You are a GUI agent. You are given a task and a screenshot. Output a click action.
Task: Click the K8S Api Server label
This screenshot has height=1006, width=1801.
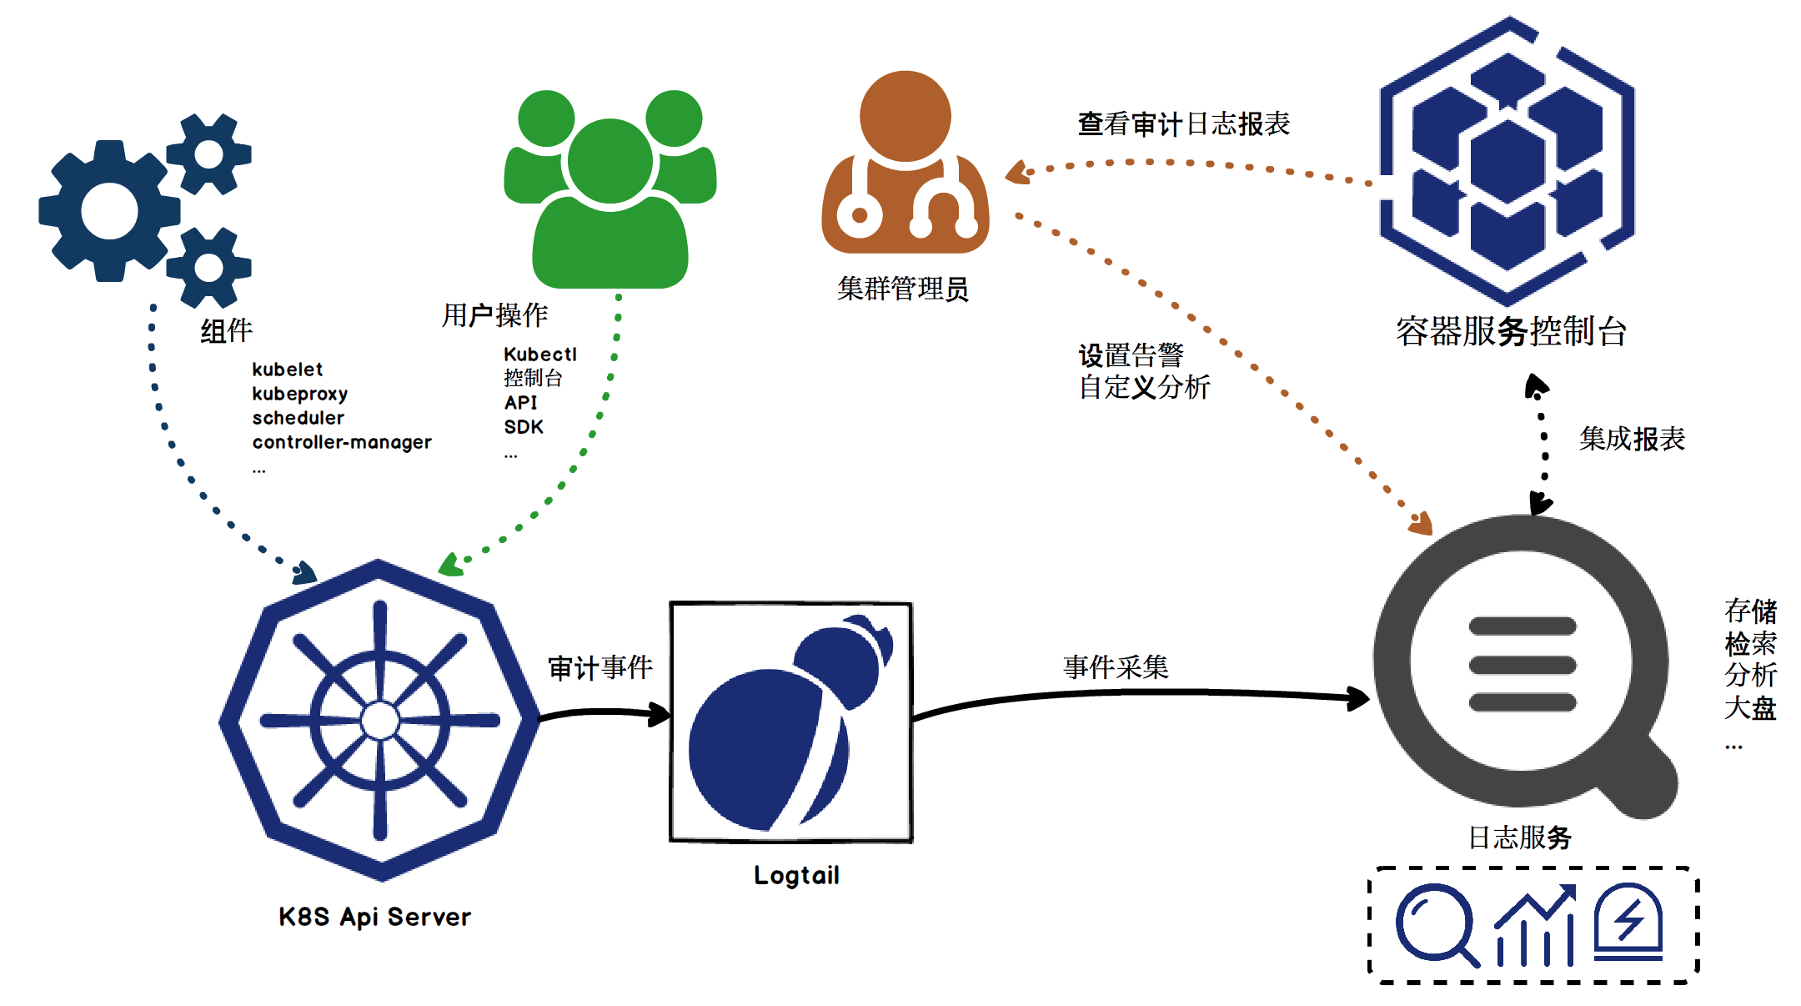point(374,917)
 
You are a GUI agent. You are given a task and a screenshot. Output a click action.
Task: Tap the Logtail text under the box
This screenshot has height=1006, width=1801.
point(796,875)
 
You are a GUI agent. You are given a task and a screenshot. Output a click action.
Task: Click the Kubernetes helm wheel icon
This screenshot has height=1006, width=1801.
point(380,720)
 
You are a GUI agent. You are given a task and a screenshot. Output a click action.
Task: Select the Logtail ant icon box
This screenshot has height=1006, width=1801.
point(791,722)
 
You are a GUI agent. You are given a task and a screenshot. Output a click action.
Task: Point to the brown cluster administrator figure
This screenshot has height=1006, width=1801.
point(906,167)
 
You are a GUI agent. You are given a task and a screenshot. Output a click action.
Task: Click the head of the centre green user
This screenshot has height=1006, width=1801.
point(610,160)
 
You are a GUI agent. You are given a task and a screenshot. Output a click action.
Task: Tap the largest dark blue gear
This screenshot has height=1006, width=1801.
point(109,211)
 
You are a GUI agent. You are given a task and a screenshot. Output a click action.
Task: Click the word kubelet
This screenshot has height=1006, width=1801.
point(287,370)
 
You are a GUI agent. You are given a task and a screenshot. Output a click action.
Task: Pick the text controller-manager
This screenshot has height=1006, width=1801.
point(342,442)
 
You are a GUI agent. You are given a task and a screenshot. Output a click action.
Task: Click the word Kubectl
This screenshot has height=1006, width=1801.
point(540,355)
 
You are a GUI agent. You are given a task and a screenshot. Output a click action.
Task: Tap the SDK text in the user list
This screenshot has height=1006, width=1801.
point(524,427)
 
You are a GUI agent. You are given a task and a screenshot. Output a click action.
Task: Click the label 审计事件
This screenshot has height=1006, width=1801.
point(600,667)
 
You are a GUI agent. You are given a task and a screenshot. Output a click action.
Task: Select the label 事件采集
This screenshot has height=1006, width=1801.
point(1116,666)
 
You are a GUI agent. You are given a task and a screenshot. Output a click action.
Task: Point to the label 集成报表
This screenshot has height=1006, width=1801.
point(1632,439)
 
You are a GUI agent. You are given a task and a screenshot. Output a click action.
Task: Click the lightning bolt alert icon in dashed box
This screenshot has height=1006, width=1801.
point(1628,922)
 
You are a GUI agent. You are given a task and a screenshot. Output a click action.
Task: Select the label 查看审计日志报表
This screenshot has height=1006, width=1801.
point(1183,124)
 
